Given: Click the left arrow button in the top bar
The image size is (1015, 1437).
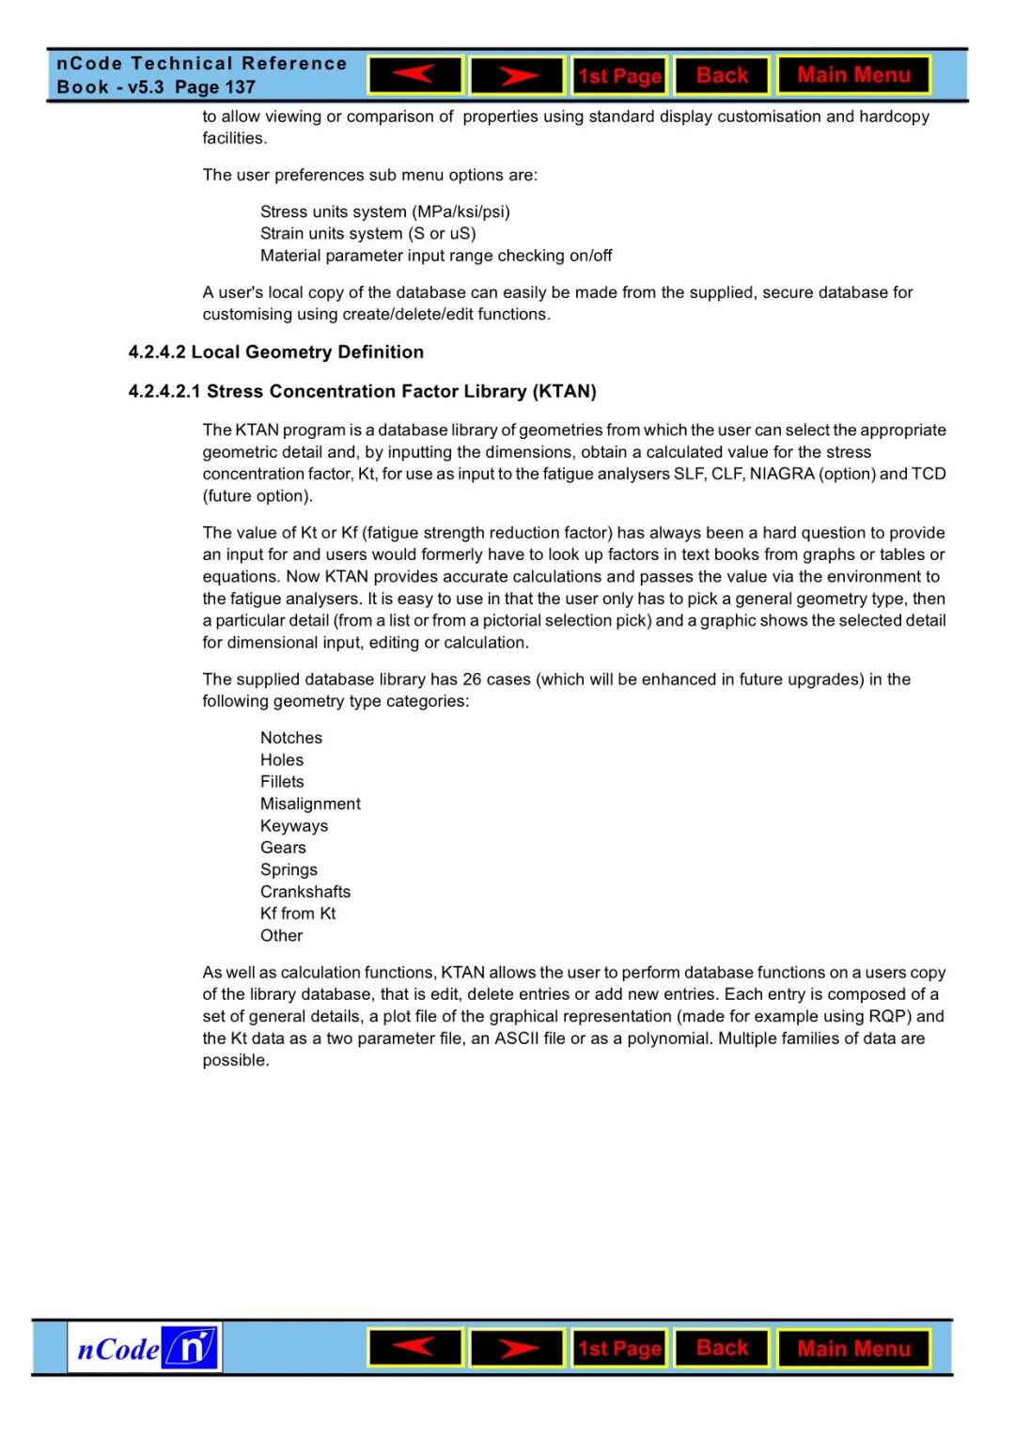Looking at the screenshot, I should [x=414, y=75].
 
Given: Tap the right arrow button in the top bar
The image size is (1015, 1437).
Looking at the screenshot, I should [x=517, y=75].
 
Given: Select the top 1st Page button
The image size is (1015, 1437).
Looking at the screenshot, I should [x=619, y=76].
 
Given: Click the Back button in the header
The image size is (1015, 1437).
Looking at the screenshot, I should [x=722, y=75].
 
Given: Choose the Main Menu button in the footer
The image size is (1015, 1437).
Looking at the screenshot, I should [x=853, y=1349].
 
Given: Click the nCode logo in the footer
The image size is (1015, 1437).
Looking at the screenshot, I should [x=145, y=1349].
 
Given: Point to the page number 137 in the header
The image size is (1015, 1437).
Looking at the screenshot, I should [x=241, y=87].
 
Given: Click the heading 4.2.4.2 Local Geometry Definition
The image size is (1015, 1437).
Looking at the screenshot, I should [x=275, y=352].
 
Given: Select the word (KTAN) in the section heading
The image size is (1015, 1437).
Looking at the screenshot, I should [x=565, y=392].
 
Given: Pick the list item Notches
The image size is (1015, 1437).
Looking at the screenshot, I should [x=291, y=738].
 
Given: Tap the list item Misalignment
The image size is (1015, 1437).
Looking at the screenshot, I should [x=310, y=804].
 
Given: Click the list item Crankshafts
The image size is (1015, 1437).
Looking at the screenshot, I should [x=305, y=892].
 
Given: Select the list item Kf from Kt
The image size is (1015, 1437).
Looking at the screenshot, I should [x=298, y=914].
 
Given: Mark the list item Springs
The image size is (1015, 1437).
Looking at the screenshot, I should [x=289, y=869].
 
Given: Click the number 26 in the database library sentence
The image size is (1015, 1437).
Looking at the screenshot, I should [x=472, y=679].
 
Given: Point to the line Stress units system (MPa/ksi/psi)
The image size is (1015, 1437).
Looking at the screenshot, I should [x=385, y=211].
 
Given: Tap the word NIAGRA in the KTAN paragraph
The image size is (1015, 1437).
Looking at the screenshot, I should [x=782, y=474].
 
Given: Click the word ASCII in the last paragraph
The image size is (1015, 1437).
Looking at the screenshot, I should [x=517, y=1039].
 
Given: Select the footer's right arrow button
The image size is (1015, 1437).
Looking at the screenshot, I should [x=517, y=1349].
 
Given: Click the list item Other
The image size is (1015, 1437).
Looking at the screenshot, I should [x=282, y=936].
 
